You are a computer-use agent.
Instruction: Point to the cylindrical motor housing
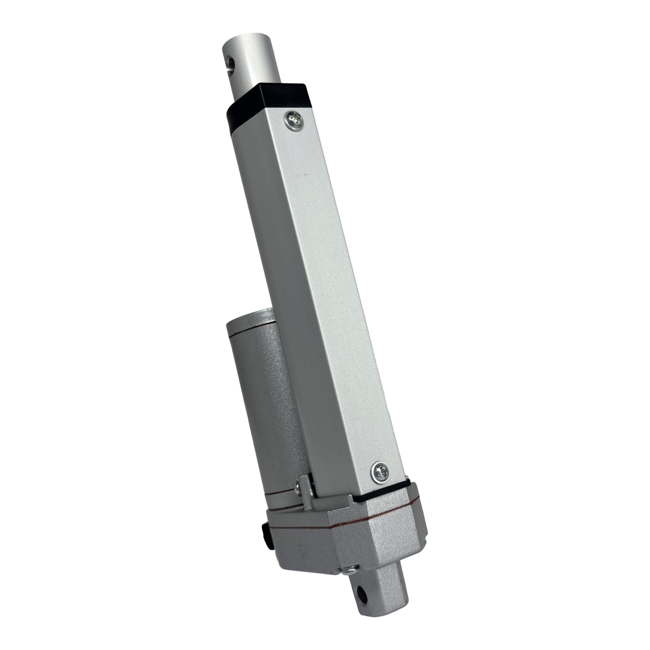point(260,398)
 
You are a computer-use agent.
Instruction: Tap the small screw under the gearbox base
point(348,570)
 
